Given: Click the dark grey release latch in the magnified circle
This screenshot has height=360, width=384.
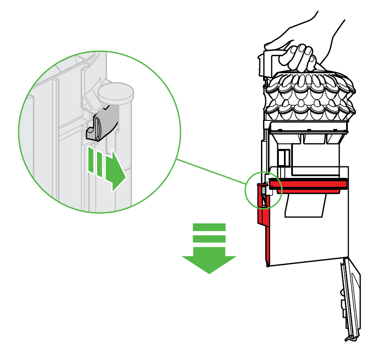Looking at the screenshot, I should pos(104,124).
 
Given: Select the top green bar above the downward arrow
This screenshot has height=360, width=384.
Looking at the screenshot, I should pos(209,227).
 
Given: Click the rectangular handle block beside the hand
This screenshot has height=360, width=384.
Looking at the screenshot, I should pos(266,64).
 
